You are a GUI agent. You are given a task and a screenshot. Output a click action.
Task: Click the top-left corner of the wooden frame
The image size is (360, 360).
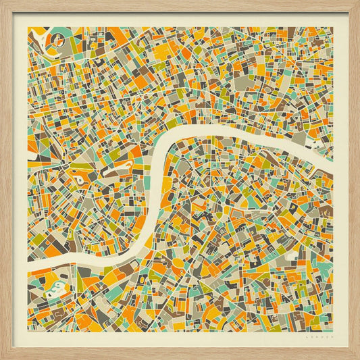coord(3,3)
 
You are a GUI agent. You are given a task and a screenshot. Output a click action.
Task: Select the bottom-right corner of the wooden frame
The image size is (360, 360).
coord(357,357)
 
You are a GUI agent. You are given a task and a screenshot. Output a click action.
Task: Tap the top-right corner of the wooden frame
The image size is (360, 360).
coord(357,3)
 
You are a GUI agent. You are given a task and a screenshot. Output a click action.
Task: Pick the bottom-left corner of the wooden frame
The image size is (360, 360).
coord(3,357)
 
